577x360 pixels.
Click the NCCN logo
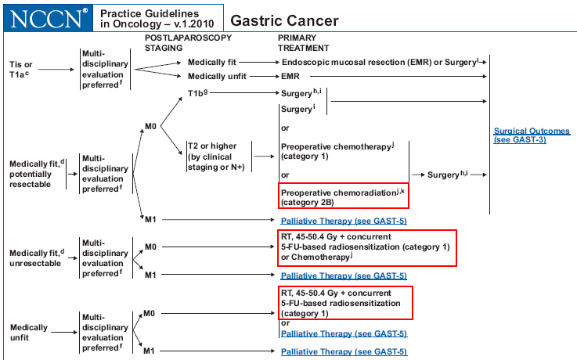45,18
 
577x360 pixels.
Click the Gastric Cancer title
286,20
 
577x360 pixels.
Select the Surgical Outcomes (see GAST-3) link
532,135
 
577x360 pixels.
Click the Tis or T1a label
21,69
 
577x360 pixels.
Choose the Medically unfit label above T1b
213,76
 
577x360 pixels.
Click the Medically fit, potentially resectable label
34,174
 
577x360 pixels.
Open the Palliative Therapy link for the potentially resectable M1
344,221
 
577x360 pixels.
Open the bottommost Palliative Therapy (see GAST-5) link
344,352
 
